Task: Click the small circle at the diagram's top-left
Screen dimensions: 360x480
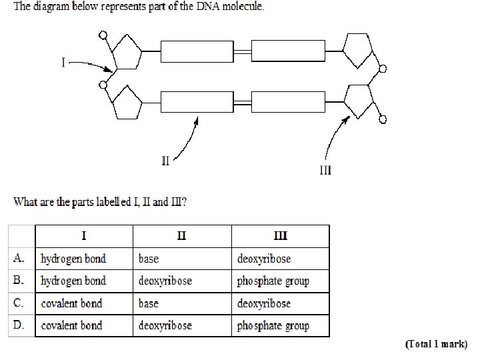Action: pos(103,35)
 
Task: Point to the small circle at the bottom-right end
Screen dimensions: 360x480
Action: pos(383,119)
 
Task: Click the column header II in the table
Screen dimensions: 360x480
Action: pos(182,235)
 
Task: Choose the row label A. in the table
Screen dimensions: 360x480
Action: pos(20,258)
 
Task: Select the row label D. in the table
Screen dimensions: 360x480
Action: pos(20,325)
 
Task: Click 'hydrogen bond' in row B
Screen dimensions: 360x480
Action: pos(73,281)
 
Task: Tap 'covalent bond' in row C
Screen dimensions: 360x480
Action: pos(71,303)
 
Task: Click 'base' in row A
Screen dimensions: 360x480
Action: pos(149,258)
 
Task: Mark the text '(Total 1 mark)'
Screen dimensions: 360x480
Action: pos(437,345)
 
